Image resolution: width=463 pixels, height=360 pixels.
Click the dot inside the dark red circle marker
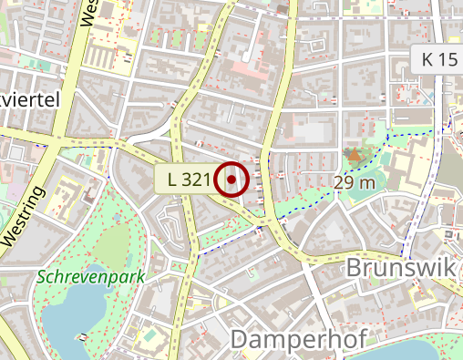click(x=232, y=180)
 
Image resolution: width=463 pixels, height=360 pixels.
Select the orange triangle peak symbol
click(x=354, y=156)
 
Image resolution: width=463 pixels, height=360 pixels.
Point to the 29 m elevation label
click(x=355, y=182)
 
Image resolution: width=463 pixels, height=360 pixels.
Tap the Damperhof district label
click(x=298, y=338)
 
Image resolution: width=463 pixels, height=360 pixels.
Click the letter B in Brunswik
click(x=356, y=269)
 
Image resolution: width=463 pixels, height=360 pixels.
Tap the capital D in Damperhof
click(x=240, y=338)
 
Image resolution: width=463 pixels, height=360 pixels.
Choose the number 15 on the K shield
click(x=447, y=60)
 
